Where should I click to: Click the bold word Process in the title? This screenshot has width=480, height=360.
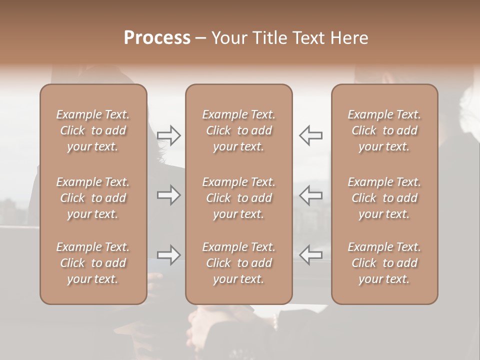coord(157,38)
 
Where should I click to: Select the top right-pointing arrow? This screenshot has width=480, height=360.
coord(169,135)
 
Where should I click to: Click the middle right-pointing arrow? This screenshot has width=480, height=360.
coord(169,195)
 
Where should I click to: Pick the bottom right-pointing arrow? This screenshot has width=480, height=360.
coord(169,254)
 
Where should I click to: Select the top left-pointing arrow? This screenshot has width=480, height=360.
coord(311,135)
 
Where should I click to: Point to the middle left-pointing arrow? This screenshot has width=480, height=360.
coord(311,195)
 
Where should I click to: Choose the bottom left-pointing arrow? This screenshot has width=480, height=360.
coord(311,254)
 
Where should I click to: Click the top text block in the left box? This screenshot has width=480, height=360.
coord(93,130)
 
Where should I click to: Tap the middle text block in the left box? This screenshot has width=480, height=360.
coord(93,198)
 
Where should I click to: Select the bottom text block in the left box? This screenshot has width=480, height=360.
coord(93,263)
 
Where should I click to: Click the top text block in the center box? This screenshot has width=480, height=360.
coord(239,130)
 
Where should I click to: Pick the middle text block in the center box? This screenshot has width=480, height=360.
coord(239,198)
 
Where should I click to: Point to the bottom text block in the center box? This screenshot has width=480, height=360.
coord(239,263)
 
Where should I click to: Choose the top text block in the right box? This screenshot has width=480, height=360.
coord(384,130)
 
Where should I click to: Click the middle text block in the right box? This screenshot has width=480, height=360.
coord(384,198)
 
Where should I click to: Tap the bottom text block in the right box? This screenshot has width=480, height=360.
coord(384,263)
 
